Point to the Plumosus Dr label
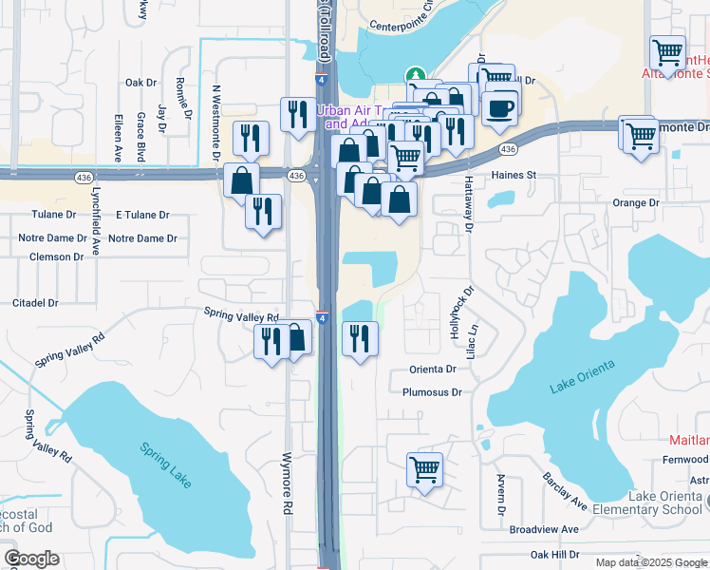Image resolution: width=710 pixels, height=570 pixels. (432, 391)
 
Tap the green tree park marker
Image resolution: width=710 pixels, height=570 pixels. (414, 75)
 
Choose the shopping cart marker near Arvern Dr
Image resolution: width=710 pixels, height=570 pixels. (424, 468)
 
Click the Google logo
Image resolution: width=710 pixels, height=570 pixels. (31, 559)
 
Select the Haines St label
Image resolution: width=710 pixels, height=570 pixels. (514, 176)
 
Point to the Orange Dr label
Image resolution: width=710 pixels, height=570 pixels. (635, 203)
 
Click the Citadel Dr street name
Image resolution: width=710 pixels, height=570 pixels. (35, 303)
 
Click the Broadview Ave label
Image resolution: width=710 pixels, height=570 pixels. (544, 529)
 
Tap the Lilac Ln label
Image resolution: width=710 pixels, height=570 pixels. (480, 343)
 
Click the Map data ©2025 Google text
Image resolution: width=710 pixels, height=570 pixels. (650, 562)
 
